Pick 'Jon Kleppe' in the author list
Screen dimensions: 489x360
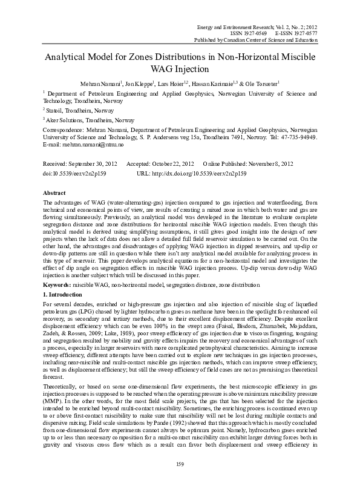[x=134, y=82]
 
